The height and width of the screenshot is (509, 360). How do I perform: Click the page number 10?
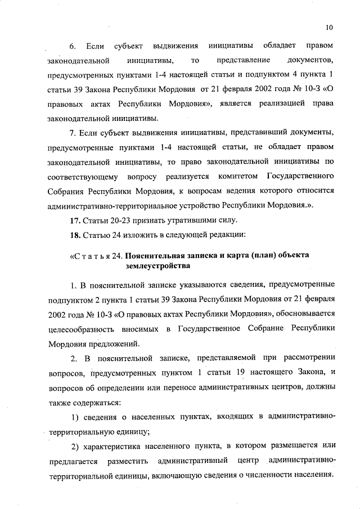tap(328, 26)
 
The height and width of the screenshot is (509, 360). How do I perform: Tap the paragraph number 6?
tap(72, 44)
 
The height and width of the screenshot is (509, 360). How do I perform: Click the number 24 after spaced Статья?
tap(117, 255)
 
